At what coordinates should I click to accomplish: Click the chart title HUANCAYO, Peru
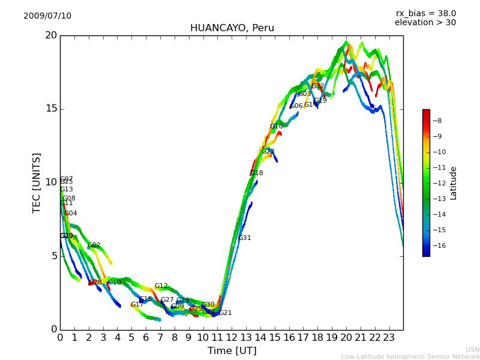coord(232,28)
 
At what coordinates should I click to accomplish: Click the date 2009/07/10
coord(47,16)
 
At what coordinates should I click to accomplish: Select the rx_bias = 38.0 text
coord(425,14)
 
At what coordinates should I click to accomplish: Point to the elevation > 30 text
coord(425,23)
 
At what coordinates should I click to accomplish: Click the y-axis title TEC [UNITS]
coord(37,182)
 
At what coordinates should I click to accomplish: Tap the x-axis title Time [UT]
coord(232,351)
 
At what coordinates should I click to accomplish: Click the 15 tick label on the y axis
coord(50,109)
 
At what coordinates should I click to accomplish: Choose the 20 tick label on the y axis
coord(50,35)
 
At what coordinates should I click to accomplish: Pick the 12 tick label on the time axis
coord(232,338)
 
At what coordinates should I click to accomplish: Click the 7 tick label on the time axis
coord(160,338)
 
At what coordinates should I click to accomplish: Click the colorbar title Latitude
coord(454,183)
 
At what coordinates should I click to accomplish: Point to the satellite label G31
coord(244,238)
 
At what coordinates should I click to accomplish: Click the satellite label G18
coord(256,173)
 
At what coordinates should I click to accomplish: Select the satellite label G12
coord(161,286)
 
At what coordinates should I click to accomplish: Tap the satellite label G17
coord(137,305)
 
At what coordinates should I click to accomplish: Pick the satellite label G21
coord(225,313)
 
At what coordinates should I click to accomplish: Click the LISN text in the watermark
coord(472,349)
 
